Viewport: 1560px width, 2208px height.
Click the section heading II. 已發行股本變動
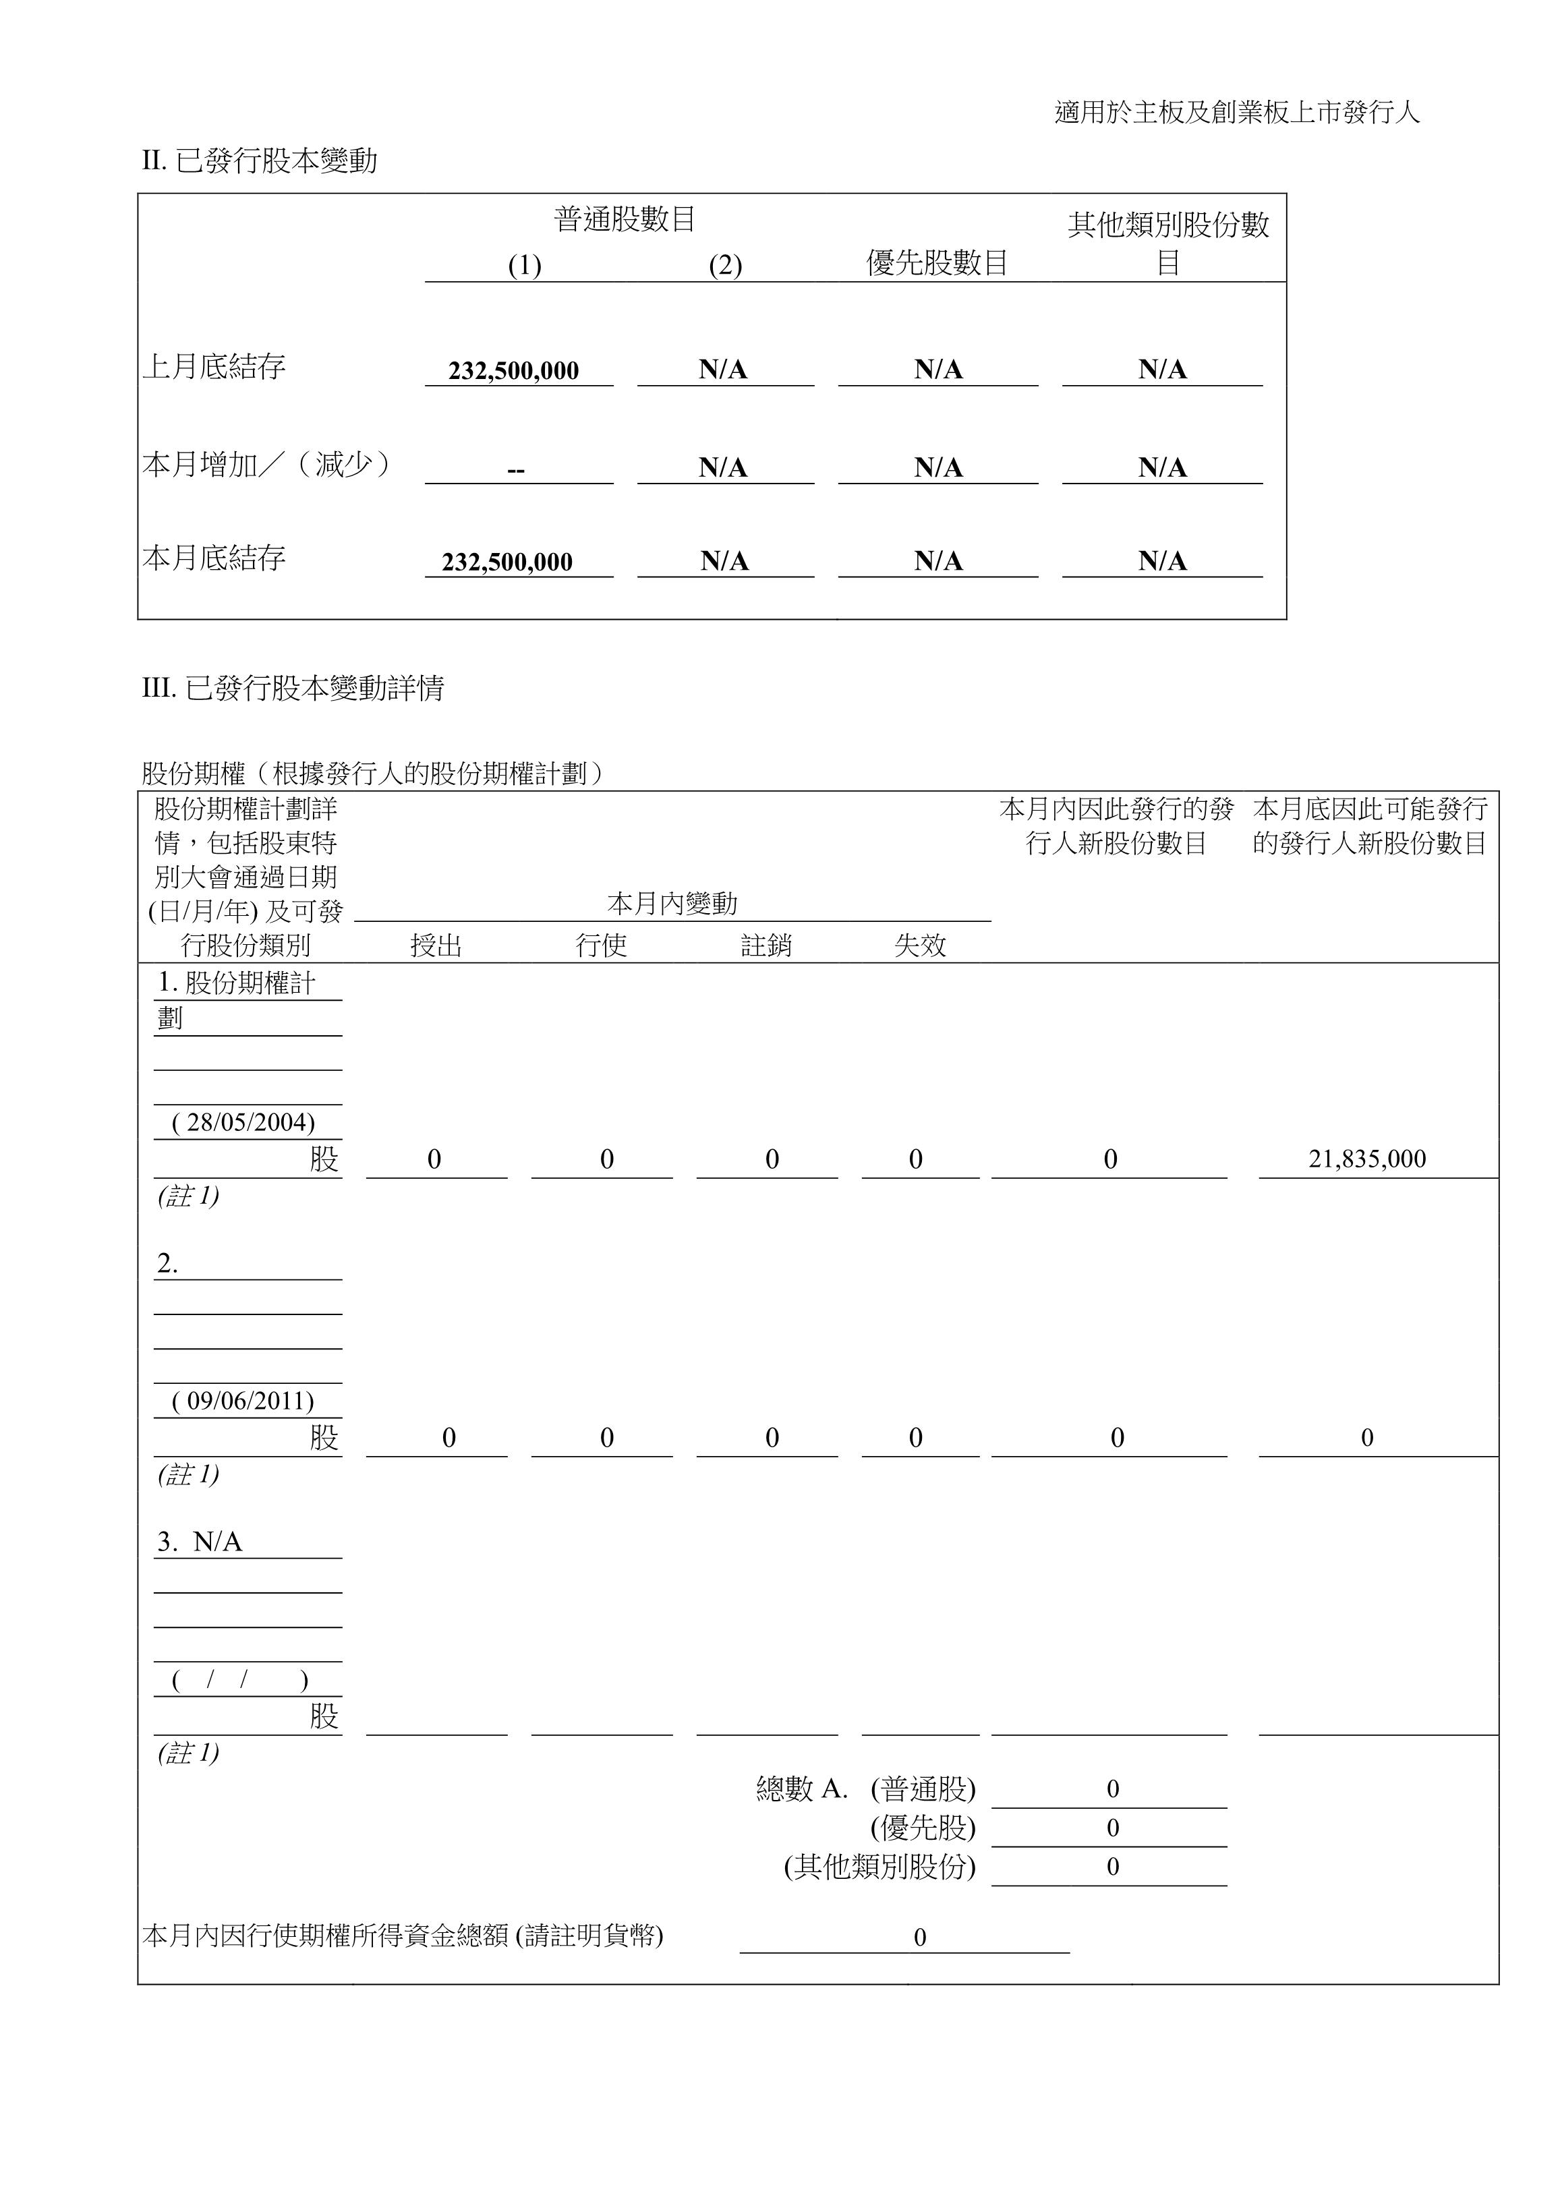coord(260,161)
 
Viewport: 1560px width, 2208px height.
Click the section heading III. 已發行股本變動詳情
coord(293,688)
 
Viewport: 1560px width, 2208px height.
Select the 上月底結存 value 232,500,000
coord(513,370)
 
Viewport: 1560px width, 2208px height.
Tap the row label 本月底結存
coord(214,558)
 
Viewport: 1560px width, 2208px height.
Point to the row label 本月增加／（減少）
coord(266,465)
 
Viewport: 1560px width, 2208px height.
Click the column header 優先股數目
coord(937,262)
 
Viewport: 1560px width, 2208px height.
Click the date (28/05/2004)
coord(243,1122)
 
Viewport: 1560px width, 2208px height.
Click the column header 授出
coord(436,946)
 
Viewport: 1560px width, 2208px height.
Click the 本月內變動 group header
coord(672,903)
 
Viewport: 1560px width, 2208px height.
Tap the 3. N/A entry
coord(200,1542)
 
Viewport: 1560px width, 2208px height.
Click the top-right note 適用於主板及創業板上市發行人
coord(1237,113)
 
